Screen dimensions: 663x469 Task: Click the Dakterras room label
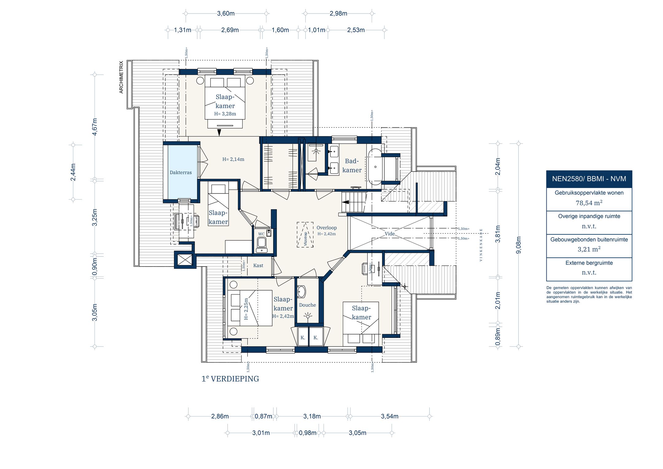180,173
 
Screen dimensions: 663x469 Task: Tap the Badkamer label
352,166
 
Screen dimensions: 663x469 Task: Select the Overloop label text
327,228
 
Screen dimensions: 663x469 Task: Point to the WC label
261,234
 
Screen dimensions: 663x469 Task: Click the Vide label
390,234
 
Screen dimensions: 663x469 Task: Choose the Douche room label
307,305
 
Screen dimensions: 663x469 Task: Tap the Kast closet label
258,265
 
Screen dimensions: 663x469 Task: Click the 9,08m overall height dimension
519,245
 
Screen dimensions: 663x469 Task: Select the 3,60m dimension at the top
226,14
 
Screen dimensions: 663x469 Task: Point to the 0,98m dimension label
308,433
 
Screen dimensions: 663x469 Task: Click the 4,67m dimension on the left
95,127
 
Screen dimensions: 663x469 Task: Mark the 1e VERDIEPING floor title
230,379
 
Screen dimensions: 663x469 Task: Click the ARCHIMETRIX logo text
121,77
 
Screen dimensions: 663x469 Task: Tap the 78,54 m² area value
589,203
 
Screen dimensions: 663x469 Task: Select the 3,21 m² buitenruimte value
589,249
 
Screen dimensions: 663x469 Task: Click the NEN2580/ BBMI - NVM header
589,179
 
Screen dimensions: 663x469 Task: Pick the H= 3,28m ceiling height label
225,114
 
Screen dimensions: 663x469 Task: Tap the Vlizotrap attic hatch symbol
305,235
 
